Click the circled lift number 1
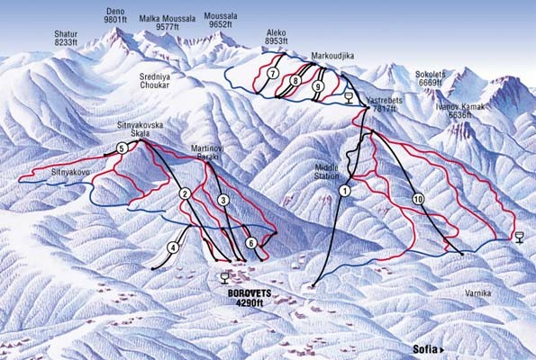tap(345, 190)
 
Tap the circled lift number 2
tap(184, 193)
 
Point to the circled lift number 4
tap(172, 247)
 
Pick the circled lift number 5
tap(122, 148)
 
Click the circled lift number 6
tap(251, 242)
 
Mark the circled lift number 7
tap(272, 73)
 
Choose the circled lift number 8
tap(295, 81)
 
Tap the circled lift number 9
tap(318, 86)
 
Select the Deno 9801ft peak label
tap(114, 13)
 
